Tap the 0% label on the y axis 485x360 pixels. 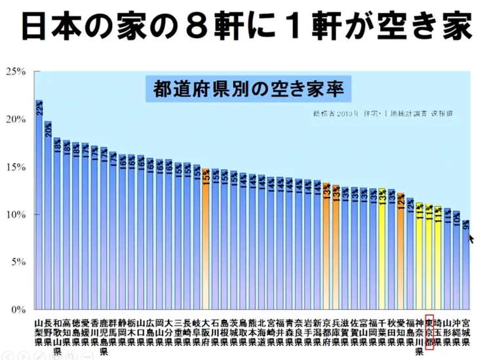pos(17,309)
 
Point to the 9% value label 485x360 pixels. pos(466,225)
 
